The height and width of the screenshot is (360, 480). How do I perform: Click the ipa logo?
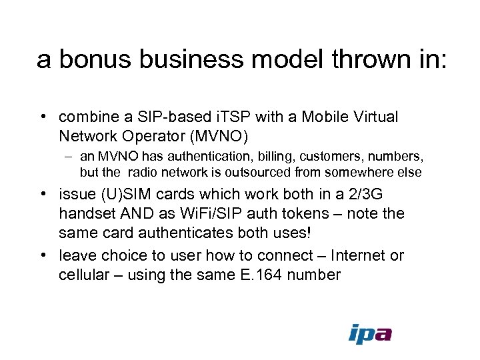(370, 333)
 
